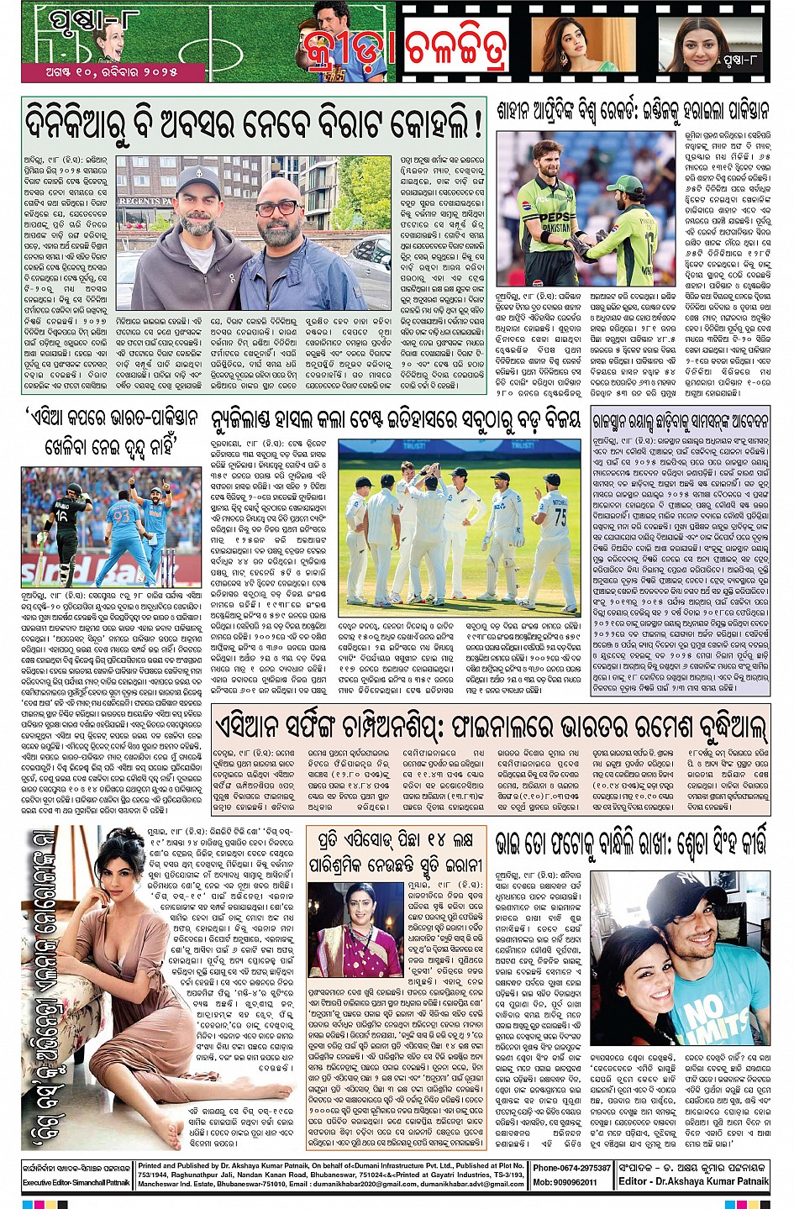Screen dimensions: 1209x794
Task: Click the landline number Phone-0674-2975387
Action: pos(571,1168)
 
